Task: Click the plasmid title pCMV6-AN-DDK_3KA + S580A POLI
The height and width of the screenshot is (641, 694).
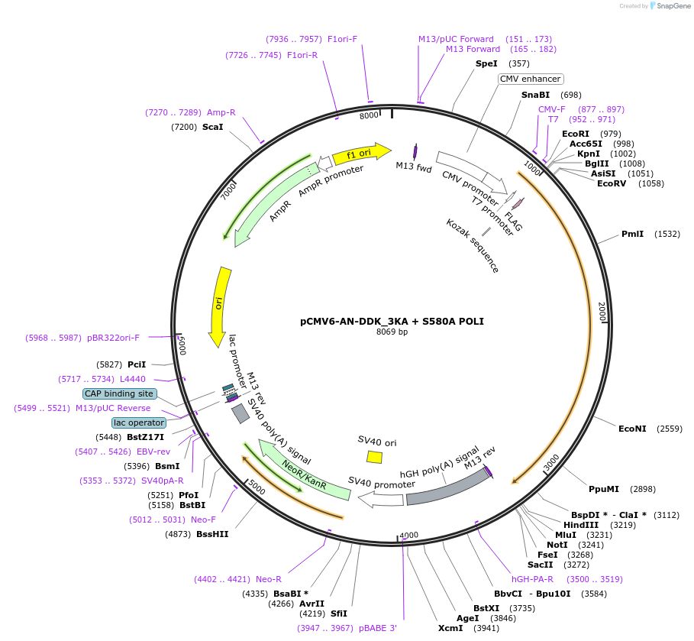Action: tap(392, 322)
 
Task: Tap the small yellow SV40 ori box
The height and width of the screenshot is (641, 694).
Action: tap(374, 456)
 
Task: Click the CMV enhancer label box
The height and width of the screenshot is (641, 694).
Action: tap(531, 79)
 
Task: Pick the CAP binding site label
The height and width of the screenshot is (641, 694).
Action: tap(120, 393)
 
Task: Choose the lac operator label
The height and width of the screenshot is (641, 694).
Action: tap(139, 422)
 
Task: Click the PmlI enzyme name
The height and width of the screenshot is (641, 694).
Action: tap(633, 234)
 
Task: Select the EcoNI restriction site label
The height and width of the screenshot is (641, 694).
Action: tap(632, 429)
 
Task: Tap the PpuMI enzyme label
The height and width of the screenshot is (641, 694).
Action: tap(604, 489)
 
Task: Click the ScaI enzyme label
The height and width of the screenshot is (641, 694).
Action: tap(212, 127)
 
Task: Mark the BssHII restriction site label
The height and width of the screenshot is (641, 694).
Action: tap(212, 534)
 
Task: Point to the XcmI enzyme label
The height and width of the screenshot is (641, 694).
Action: tap(450, 628)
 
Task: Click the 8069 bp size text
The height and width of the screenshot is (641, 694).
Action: tap(392, 332)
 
